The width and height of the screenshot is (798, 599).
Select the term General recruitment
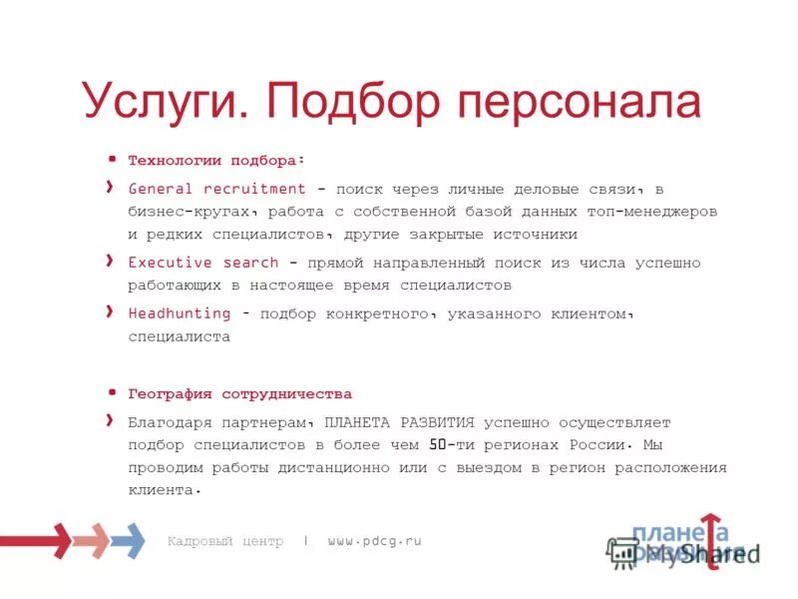coord(217,188)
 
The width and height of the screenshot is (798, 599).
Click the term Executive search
coord(203,263)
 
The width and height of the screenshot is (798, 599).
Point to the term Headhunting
coord(180,313)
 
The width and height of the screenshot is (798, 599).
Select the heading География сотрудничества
coord(240,394)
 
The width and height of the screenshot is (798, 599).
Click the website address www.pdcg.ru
coord(374,541)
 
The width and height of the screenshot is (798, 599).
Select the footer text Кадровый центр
coord(225,541)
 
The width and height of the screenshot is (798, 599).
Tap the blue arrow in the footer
coord(128,540)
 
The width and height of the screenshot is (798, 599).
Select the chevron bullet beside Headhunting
coord(109,311)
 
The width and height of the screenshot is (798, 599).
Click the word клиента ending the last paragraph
coord(160,490)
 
